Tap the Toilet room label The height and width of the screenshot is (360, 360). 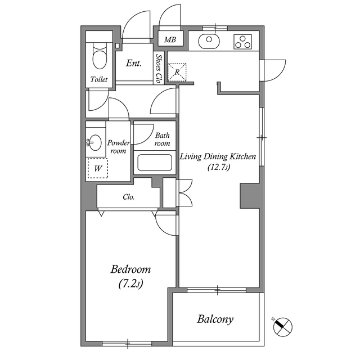(x=99, y=79)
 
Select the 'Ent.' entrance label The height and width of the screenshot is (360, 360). (x=134, y=63)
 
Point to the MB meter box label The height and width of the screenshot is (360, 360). (x=170, y=40)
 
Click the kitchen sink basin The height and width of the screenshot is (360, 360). (x=209, y=41)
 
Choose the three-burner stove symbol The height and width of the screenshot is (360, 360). (x=242, y=42)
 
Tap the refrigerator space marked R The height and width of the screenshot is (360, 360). (x=177, y=72)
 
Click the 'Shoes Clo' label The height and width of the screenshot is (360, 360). (x=158, y=69)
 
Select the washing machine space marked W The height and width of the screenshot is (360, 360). (x=97, y=168)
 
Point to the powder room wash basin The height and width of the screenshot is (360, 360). (x=94, y=142)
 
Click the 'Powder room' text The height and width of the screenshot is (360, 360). (x=118, y=147)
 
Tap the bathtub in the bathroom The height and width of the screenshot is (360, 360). (x=155, y=163)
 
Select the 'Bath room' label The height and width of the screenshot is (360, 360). (x=163, y=139)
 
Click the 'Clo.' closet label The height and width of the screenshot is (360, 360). (x=129, y=197)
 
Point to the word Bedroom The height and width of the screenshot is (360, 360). (x=130, y=269)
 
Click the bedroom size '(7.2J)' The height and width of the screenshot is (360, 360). (x=130, y=284)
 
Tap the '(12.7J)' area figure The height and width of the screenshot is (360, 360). (x=219, y=167)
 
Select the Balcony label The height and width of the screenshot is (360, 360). (x=215, y=319)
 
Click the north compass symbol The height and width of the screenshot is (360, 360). (x=283, y=327)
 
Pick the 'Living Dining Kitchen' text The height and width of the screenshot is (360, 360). (x=218, y=157)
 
